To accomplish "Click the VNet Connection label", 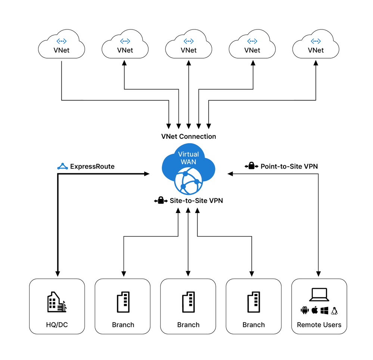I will tap(189, 137).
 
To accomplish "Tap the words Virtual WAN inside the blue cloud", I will tap(189, 158).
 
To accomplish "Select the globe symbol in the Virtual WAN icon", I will tap(189, 181).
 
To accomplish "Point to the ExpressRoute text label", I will tap(92, 166).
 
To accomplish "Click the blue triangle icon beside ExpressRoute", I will tap(62, 166).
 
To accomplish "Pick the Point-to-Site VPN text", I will tap(289, 166).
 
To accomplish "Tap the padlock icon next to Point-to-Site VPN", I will tap(251, 166).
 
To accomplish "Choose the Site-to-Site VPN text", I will tap(196, 201).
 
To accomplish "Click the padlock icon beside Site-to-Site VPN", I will tap(161, 201).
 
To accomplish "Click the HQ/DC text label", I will tap(57, 325).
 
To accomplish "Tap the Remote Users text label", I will tap(319, 325).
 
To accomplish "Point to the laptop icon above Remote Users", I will tap(319, 295).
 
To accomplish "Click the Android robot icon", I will tap(304, 310).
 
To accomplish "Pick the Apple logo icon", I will tap(314, 310).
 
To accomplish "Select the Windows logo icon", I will tap(324, 310).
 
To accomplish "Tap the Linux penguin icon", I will tap(334, 310).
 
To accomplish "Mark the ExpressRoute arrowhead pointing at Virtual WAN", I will tap(147, 174).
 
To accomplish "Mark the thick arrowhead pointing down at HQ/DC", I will tap(57, 273).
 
